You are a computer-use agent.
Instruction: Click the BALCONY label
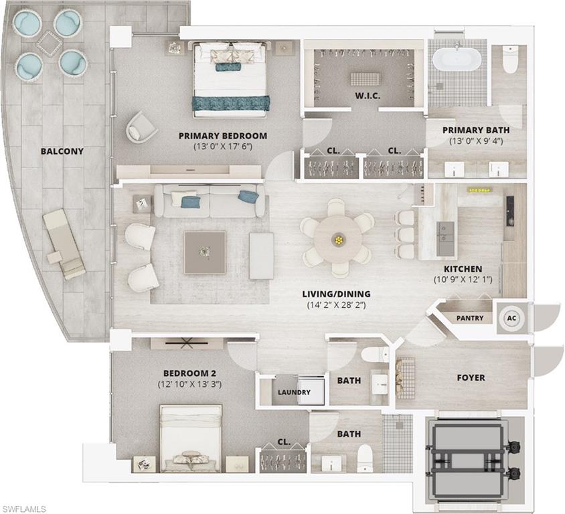(62, 151)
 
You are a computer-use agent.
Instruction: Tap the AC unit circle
(511, 318)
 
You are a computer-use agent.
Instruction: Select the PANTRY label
(469, 318)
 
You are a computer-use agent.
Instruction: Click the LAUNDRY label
(294, 392)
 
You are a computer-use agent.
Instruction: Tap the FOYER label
(471, 377)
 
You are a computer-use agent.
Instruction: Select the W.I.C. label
(368, 96)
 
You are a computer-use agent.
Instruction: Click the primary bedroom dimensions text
(223, 147)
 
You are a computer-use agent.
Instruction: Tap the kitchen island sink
(444, 232)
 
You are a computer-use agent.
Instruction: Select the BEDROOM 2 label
(189, 373)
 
